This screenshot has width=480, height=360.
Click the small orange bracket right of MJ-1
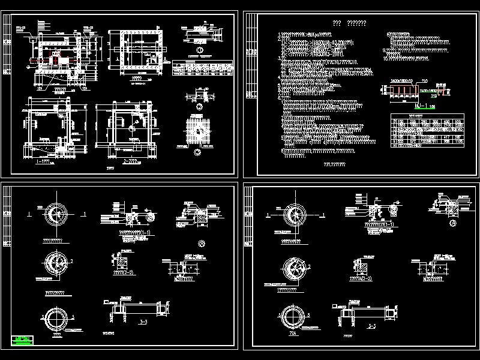[443, 92]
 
